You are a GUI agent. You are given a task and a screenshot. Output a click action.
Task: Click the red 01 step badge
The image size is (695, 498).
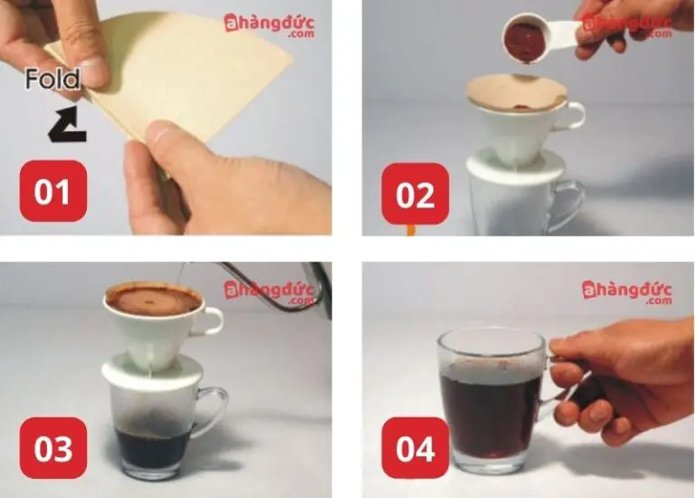[x=53, y=191]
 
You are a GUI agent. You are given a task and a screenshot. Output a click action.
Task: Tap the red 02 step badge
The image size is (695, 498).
[x=414, y=194]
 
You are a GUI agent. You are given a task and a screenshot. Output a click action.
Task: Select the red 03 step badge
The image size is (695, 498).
[x=53, y=448]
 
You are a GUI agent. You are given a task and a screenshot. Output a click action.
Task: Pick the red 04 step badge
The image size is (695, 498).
[x=414, y=448]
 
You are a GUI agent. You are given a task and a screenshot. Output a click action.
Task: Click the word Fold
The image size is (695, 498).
[x=52, y=79]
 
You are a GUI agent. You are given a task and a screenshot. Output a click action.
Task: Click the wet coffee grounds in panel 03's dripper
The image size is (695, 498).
[x=153, y=301]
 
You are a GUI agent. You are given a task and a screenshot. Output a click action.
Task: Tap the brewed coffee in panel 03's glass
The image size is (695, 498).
[x=153, y=445]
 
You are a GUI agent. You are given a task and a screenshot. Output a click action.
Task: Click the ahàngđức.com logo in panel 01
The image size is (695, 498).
[x=270, y=25]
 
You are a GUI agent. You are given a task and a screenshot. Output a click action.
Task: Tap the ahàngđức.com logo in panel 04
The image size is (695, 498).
[x=627, y=292]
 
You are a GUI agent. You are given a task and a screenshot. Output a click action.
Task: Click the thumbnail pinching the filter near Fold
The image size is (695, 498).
[x=94, y=71]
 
